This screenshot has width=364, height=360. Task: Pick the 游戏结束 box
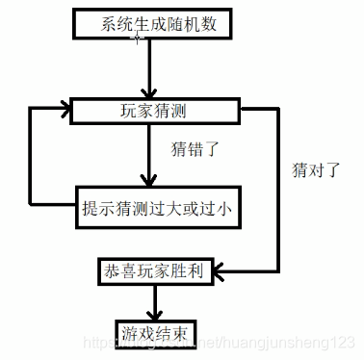[x=154, y=333]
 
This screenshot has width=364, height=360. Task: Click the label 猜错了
[x=196, y=150]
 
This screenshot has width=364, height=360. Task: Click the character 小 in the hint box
[x=230, y=205]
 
